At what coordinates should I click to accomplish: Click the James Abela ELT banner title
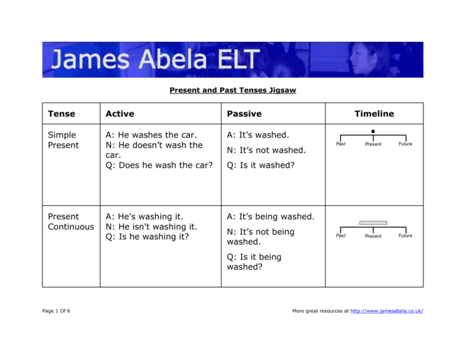155,60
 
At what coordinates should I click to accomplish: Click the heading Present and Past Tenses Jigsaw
233,92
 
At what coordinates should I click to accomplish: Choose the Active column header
120,114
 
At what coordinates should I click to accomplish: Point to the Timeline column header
374,114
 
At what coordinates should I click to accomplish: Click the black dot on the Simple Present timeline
373,130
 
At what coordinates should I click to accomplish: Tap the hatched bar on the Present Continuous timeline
373,223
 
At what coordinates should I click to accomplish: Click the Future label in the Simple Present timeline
405,144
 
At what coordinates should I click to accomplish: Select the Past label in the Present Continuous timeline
341,236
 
